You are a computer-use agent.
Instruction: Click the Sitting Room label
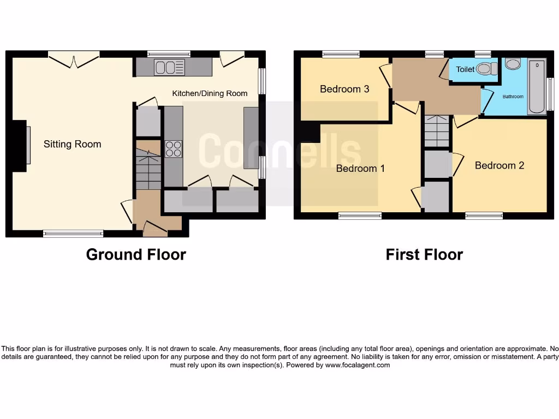coord(73,145)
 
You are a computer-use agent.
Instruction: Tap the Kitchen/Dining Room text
coord(210,93)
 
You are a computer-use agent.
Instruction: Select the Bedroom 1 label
coord(360,169)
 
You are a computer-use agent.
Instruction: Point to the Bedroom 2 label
coord(499,165)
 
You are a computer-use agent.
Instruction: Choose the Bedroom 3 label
coord(344,89)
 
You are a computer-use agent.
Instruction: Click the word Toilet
coord(465,70)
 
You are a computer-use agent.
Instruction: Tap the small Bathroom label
coord(513,97)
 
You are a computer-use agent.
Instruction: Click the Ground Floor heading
coord(136,255)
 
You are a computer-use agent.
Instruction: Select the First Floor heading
coord(424,255)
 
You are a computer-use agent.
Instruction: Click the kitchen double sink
coord(170,67)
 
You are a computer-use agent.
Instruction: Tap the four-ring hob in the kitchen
coord(174,149)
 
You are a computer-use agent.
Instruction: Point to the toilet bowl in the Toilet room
coord(486,69)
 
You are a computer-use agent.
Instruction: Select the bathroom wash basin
coord(513,63)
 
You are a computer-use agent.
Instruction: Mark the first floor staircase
coord(436,131)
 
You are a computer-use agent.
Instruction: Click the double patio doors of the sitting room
coord(74,58)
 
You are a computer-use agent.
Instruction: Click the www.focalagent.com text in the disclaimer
coord(358,365)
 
